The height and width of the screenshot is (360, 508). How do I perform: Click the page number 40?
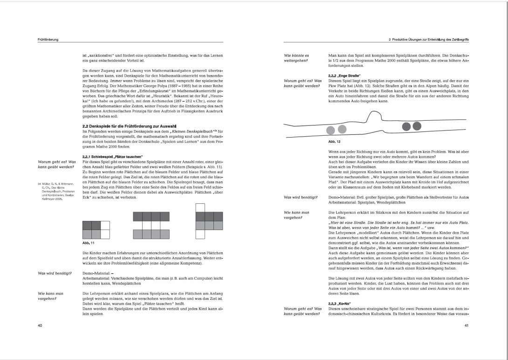pyautogui.click(x=40, y=325)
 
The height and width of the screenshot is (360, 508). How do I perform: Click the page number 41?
pyautogui.click(x=466, y=325)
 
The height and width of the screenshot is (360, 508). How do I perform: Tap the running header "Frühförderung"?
pyautogui.click(x=48, y=40)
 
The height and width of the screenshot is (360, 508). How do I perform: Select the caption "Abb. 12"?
pyautogui.click(x=334, y=141)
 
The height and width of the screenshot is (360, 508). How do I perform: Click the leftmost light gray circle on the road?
pyautogui.click(x=331, y=130)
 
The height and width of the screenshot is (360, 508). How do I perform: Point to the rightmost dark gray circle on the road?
pyautogui.click(x=417, y=126)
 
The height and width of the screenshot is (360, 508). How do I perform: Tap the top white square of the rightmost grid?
pyautogui.click(x=200, y=208)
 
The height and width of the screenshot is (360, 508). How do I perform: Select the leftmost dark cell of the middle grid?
pyautogui.click(x=137, y=216)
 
